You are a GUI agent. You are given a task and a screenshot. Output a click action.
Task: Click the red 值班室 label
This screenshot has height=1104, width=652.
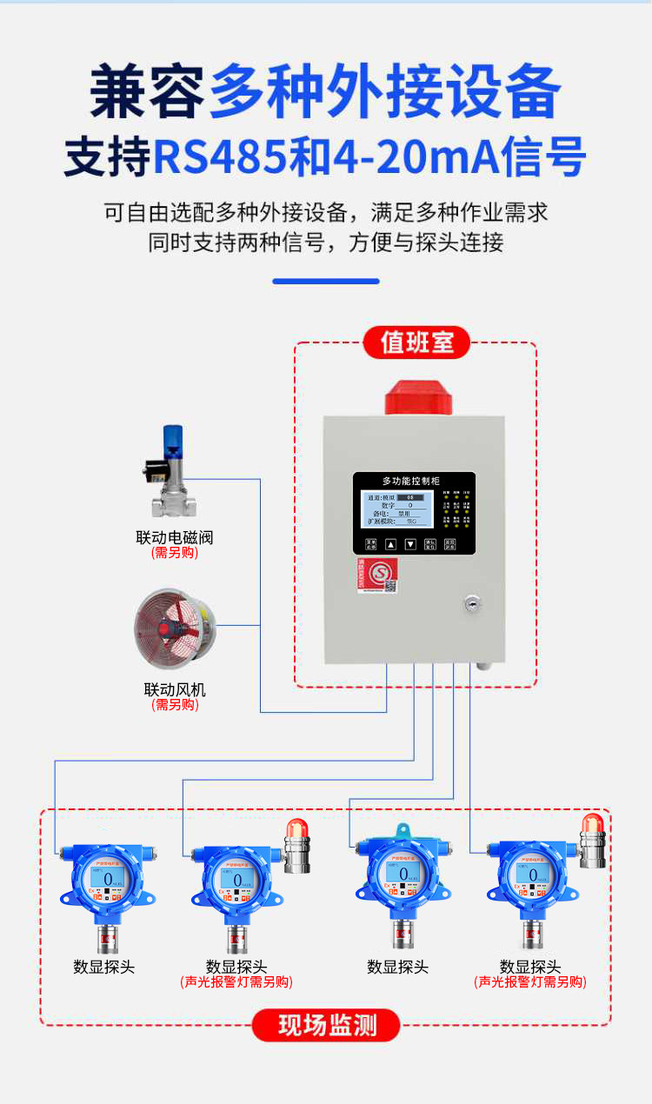416,343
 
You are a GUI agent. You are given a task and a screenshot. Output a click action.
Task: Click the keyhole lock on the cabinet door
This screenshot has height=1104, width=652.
473,602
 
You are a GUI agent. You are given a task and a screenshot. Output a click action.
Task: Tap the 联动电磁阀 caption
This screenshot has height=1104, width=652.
174,537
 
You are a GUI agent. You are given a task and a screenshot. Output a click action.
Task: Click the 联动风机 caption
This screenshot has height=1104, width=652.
175,689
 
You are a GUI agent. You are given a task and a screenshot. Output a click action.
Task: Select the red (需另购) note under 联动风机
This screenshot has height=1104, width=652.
175,705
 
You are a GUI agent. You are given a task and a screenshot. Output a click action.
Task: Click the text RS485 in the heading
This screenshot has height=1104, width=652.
219,158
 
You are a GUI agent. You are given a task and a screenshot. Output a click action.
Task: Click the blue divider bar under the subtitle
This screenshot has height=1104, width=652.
326,281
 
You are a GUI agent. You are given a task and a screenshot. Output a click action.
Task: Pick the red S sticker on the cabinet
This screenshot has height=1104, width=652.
379,574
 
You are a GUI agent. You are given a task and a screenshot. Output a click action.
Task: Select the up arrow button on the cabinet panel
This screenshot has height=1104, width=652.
390,545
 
